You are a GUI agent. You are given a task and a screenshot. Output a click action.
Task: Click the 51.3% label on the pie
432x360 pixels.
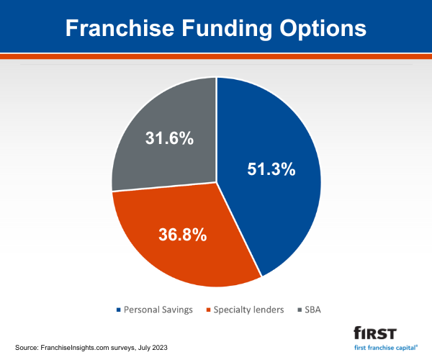click(266, 170)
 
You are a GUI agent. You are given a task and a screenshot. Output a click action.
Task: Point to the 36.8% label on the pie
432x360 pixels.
click(183, 234)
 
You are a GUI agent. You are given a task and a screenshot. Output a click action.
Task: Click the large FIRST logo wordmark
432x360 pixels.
click(375, 333)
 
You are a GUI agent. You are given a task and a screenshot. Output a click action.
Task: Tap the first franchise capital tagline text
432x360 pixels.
click(385, 346)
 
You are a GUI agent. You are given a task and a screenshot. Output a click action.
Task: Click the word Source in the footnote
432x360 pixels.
click(25, 347)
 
